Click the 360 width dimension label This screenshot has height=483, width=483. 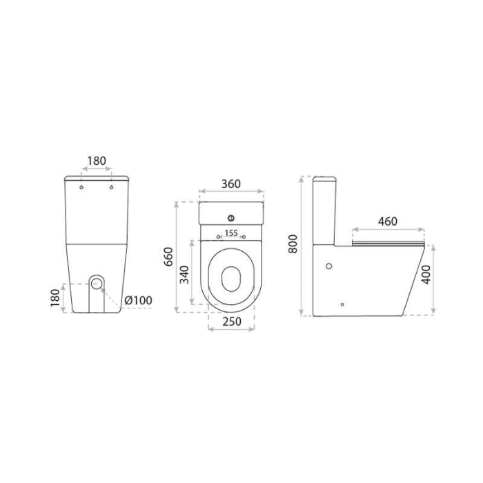(x=230, y=184)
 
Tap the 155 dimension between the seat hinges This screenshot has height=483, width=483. (x=230, y=233)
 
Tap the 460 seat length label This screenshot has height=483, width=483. (x=388, y=221)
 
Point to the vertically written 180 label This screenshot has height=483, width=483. (x=55, y=298)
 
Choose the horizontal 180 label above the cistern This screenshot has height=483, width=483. (x=97, y=161)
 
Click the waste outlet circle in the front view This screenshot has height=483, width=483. (x=97, y=284)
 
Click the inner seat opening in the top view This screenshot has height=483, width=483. (x=230, y=276)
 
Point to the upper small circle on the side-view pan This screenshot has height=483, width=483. (x=329, y=266)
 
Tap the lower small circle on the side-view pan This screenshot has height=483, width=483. (x=342, y=302)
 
